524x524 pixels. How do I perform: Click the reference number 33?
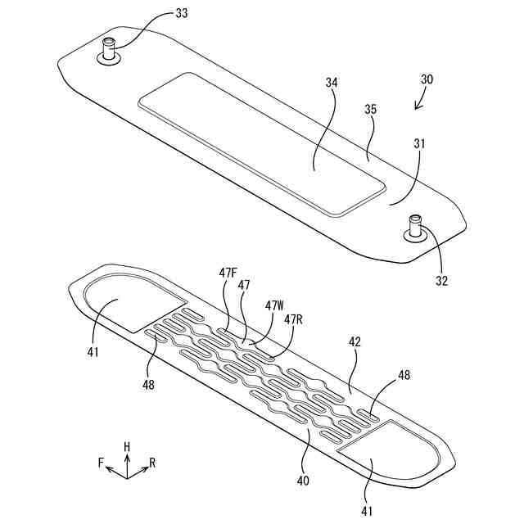[181, 13]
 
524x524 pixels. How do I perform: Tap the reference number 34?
[332, 82]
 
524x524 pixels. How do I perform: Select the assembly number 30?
[427, 80]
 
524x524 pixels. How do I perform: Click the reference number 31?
[419, 144]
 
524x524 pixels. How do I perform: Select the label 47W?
[273, 305]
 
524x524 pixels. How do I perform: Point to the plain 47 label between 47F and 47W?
[244, 285]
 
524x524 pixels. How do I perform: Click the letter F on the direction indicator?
[102, 463]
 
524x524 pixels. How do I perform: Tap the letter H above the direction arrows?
[127, 446]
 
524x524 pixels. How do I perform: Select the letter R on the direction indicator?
[152, 463]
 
